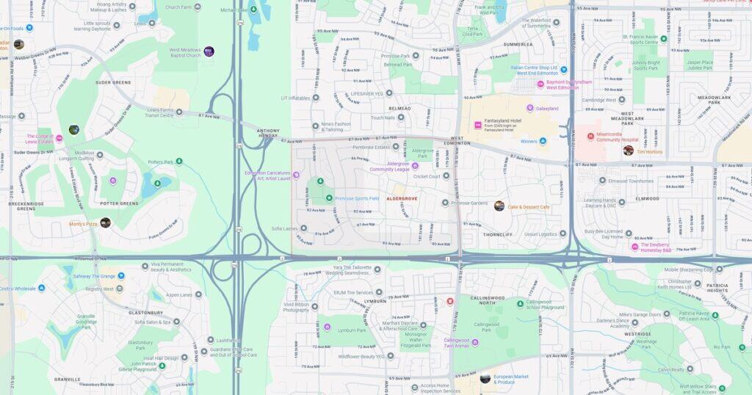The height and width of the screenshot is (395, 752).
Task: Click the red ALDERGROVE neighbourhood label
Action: [x=402, y=198]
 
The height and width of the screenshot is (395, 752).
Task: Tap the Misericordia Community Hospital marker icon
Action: [x=590, y=136]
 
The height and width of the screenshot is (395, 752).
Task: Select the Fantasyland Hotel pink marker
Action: [x=477, y=126]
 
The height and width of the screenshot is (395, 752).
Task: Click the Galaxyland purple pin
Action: [x=529, y=109]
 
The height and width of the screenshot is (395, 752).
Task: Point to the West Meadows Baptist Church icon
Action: [x=209, y=51]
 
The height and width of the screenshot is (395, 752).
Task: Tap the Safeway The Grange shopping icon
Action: [x=120, y=276]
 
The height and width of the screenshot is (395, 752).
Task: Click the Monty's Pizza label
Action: [x=83, y=223]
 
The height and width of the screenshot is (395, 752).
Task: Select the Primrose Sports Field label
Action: [x=357, y=198]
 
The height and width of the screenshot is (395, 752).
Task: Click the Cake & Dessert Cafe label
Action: [x=529, y=206]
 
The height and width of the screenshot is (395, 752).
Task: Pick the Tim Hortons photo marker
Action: [x=628, y=150]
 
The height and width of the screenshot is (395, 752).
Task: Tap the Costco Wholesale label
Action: [x=18, y=289]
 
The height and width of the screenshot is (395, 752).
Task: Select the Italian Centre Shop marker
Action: [x=564, y=70]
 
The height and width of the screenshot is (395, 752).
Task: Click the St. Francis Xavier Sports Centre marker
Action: [x=663, y=38]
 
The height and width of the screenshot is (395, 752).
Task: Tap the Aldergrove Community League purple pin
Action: [x=415, y=166]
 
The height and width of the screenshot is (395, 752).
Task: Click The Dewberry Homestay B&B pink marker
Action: [x=634, y=247]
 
